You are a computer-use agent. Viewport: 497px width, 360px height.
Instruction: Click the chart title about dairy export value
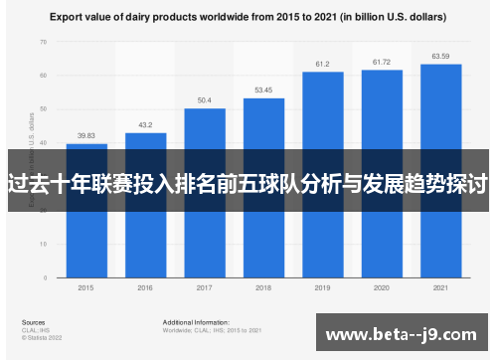pos(248,18)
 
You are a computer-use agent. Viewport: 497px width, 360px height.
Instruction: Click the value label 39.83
pos(86,135)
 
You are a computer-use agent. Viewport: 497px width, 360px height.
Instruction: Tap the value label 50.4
pos(205,99)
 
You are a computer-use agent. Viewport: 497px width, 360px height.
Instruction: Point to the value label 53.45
pos(263,90)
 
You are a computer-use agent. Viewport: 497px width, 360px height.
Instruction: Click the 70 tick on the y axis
pos(43,42)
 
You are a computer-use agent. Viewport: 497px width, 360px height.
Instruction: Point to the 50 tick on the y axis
pos(43,109)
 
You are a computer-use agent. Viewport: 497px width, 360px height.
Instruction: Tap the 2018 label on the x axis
pos(263,288)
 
